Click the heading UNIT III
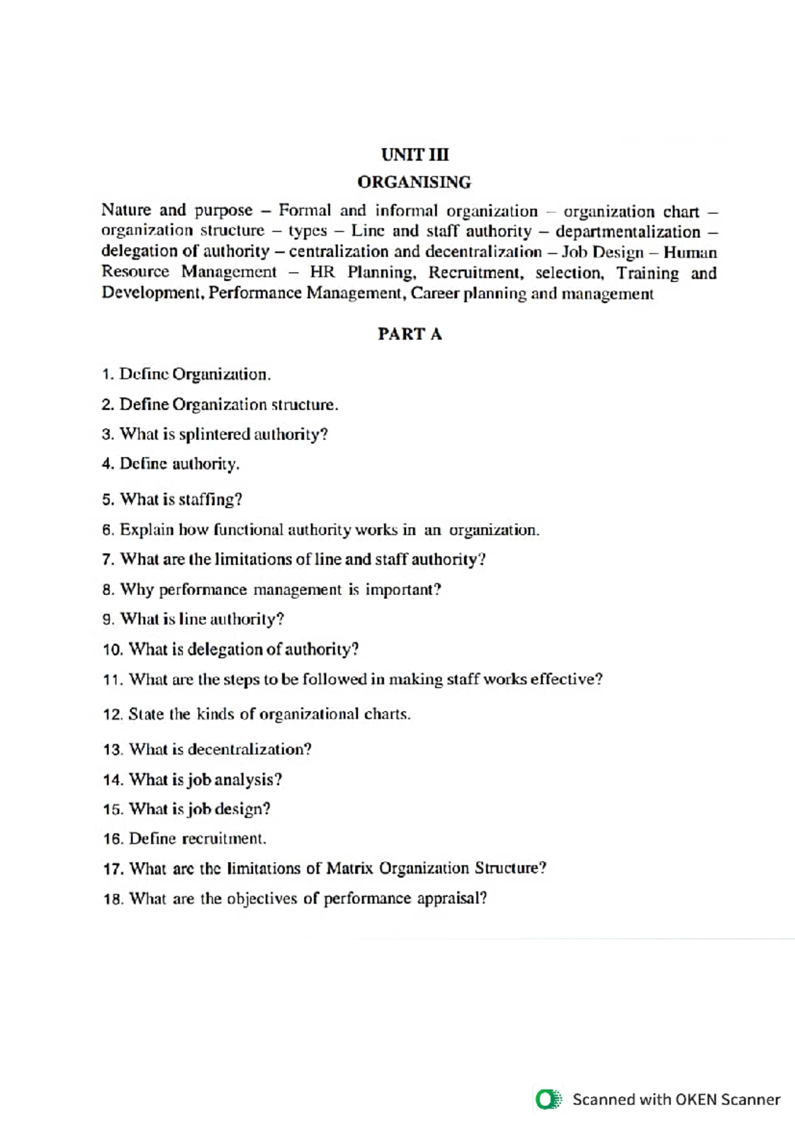(x=415, y=154)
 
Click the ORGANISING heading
(x=414, y=182)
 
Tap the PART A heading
(x=409, y=334)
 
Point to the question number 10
(x=113, y=650)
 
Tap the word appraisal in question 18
(x=452, y=899)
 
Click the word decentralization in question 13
(x=249, y=750)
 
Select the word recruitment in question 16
(x=224, y=839)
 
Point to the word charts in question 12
(x=387, y=715)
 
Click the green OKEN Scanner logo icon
(x=548, y=1099)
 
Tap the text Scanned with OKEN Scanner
(x=676, y=1100)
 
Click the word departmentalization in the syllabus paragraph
(x=627, y=232)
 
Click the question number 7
(x=109, y=560)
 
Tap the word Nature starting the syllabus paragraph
(x=126, y=210)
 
